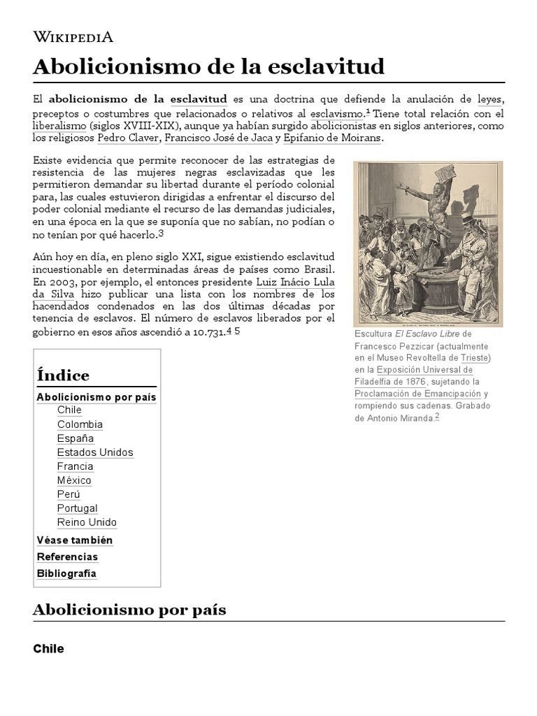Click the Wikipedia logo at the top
(x=73, y=37)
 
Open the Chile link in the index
(x=69, y=410)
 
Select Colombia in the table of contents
(x=80, y=424)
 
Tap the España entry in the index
(x=76, y=438)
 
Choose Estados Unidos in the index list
(x=95, y=452)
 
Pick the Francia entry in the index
(x=75, y=466)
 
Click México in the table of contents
(x=74, y=480)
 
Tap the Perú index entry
(x=69, y=494)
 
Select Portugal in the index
(x=77, y=508)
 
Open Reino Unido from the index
(x=87, y=522)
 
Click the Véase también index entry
(x=74, y=540)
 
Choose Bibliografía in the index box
(x=66, y=573)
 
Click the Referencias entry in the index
(x=67, y=557)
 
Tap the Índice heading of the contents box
(x=63, y=375)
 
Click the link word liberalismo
(x=60, y=126)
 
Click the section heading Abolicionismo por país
(x=129, y=610)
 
